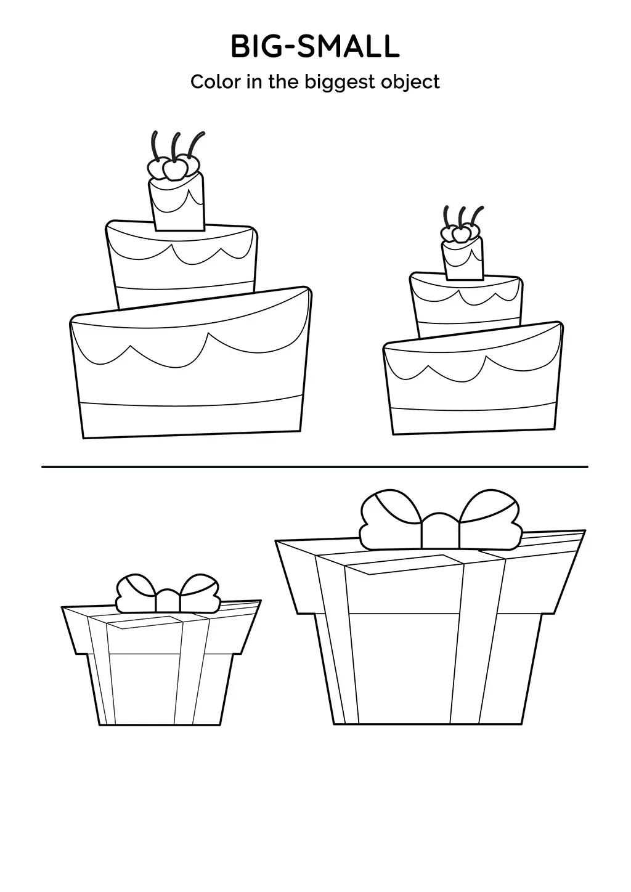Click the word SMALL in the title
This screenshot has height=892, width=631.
(348, 47)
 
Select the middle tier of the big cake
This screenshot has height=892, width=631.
(181, 265)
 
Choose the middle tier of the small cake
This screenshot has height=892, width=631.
(466, 306)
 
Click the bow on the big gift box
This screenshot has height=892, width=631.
(440, 520)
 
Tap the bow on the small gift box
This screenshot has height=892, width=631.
(168, 593)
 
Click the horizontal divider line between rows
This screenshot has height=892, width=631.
(315, 467)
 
